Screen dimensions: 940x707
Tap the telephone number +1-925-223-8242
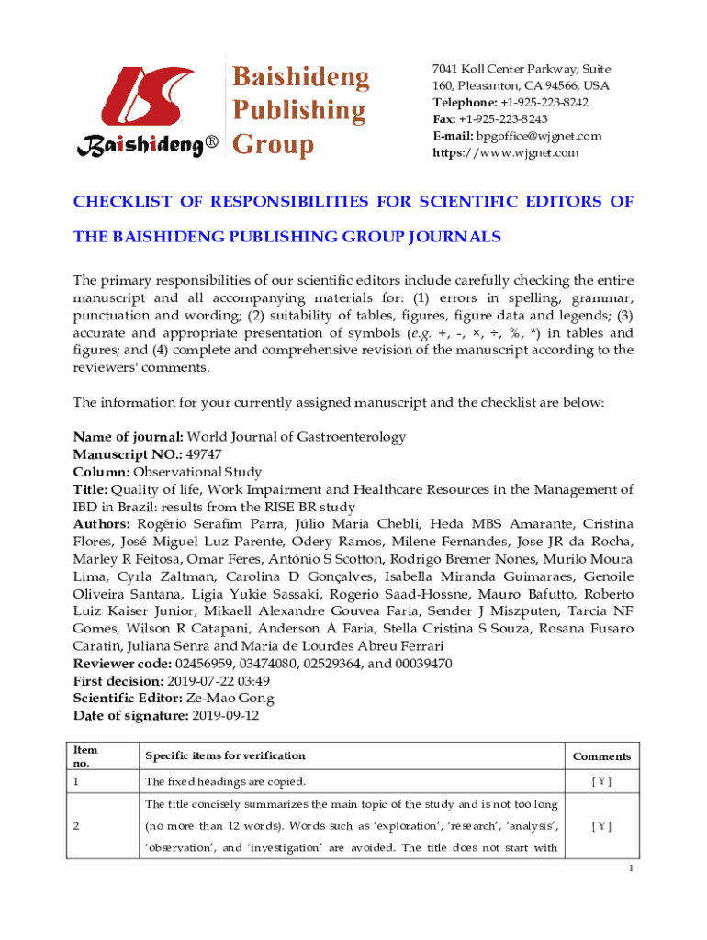click(543, 102)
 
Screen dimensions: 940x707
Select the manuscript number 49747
click(203, 454)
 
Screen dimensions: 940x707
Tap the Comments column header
click(601, 756)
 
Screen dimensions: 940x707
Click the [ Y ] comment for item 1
click(601, 781)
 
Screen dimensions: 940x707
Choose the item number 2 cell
click(77, 825)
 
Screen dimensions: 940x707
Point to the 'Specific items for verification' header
click(225, 755)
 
